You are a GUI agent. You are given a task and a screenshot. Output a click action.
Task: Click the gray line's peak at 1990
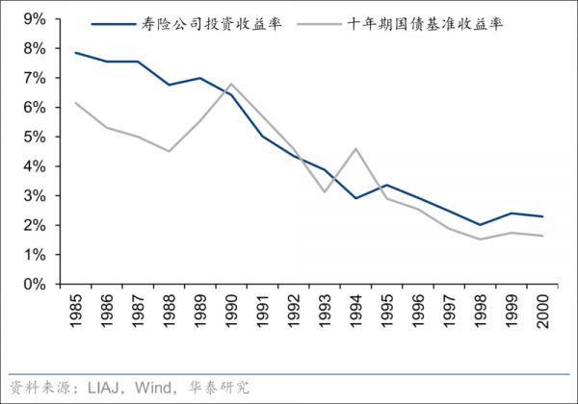(232, 84)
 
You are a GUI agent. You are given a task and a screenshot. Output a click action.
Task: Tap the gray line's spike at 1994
(356, 148)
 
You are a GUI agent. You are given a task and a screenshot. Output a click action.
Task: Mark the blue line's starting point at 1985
(75, 53)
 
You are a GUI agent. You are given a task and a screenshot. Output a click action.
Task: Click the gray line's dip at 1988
(170, 151)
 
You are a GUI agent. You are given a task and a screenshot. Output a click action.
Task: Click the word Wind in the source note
(150, 388)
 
